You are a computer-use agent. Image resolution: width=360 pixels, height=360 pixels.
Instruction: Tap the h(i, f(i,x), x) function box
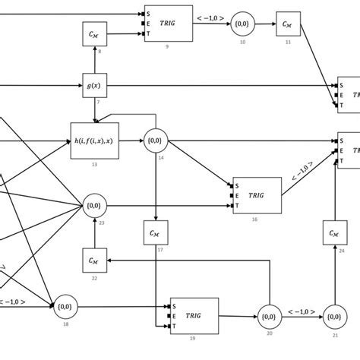(x=95, y=141)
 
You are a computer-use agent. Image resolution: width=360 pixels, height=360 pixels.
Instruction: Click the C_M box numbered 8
(x=93, y=33)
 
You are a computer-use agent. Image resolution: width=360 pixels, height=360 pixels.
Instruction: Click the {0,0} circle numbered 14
(x=155, y=141)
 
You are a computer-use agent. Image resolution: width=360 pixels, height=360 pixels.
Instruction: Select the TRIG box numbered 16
(x=257, y=196)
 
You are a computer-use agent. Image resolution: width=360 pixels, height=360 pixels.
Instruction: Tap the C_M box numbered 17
(x=155, y=230)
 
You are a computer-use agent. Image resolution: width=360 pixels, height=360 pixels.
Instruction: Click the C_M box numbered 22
(x=93, y=260)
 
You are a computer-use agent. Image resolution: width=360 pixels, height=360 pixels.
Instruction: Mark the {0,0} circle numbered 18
(x=63, y=307)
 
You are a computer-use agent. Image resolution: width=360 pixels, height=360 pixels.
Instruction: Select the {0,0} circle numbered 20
(x=267, y=314)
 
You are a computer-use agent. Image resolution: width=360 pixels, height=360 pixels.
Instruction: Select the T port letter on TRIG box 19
(x=173, y=326)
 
